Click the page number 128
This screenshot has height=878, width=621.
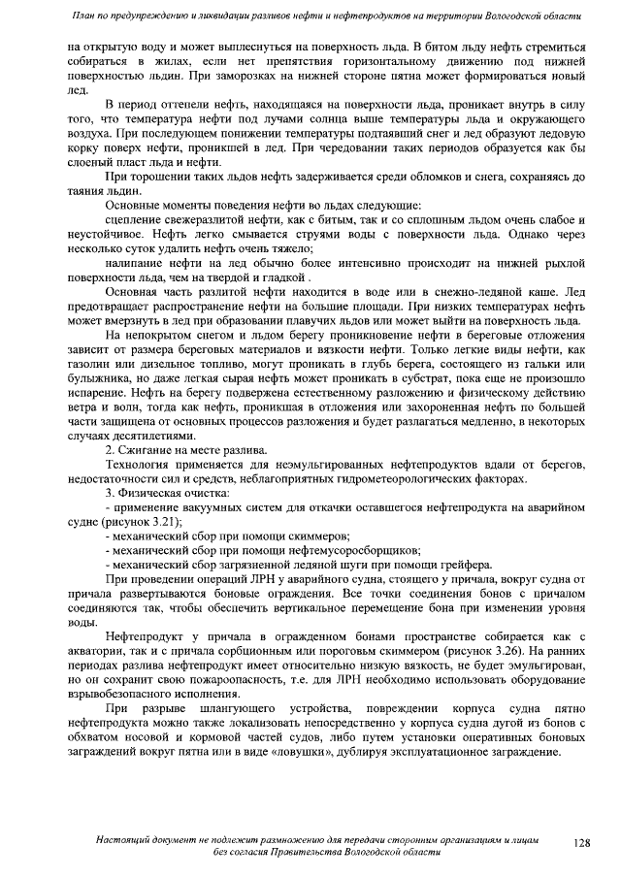tap(580, 842)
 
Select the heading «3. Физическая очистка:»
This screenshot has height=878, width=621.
tap(167, 494)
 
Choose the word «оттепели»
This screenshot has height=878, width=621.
tap(191, 103)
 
